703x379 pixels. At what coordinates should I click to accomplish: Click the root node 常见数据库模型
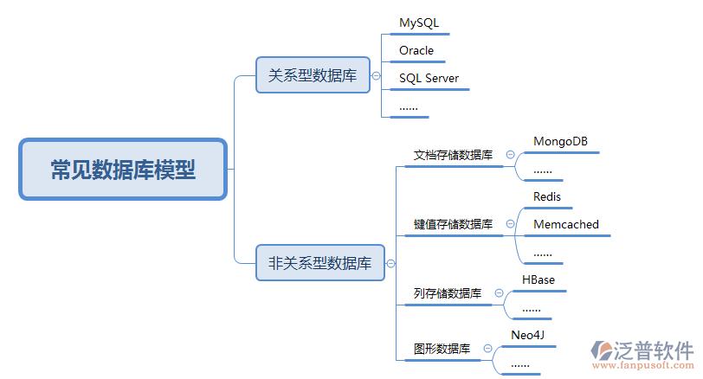tap(123, 170)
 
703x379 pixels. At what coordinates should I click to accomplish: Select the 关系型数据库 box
tap(313, 75)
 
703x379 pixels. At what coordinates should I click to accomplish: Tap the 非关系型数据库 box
tap(319, 263)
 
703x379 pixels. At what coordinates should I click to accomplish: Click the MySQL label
tap(419, 22)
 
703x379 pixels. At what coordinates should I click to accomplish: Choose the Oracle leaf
tap(416, 50)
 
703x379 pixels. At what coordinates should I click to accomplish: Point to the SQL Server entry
tap(429, 78)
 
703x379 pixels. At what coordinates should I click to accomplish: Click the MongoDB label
tap(561, 141)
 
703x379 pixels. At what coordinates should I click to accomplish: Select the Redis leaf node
tap(547, 196)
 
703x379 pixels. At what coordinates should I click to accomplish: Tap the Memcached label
tap(565, 224)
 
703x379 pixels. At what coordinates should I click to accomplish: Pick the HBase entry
tap(538, 279)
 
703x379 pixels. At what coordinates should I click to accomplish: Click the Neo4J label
tap(527, 335)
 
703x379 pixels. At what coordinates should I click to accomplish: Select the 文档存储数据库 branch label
tap(453, 156)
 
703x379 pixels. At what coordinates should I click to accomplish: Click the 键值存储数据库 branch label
tap(453, 225)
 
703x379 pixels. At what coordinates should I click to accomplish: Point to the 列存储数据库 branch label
tap(448, 294)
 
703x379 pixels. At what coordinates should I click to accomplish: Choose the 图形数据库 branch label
tap(442, 350)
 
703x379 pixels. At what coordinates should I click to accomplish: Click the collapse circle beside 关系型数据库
tap(376, 75)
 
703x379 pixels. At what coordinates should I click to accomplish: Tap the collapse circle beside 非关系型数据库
tap(390, 263)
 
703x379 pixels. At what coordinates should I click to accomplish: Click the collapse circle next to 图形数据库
tap(487, 349)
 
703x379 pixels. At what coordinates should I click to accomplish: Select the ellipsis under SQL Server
tap(408, 106)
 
